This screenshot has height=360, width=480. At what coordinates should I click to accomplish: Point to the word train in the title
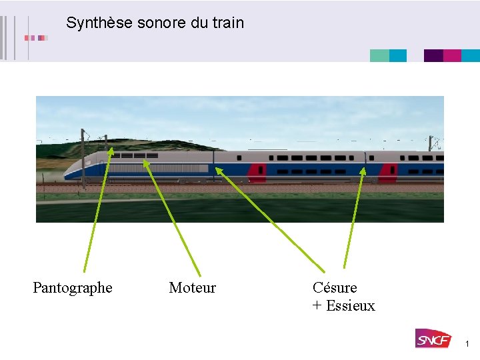click(x=229, y=23)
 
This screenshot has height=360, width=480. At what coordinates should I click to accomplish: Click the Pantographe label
click(x=73, y=288)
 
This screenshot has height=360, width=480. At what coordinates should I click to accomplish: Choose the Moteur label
click(x=193, y=288)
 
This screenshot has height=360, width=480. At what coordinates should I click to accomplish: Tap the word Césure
click(x=335, y=288)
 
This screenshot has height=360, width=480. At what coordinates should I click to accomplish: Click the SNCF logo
click(x=433, y=339)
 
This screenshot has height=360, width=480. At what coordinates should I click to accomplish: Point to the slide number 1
click(x=467, y=344)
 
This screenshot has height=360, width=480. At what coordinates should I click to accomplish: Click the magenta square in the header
click(x=452, y=56)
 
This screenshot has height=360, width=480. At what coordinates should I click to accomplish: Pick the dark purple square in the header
click(x=433, y=56)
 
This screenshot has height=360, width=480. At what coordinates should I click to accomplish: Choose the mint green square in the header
click(x=379, y=56)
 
